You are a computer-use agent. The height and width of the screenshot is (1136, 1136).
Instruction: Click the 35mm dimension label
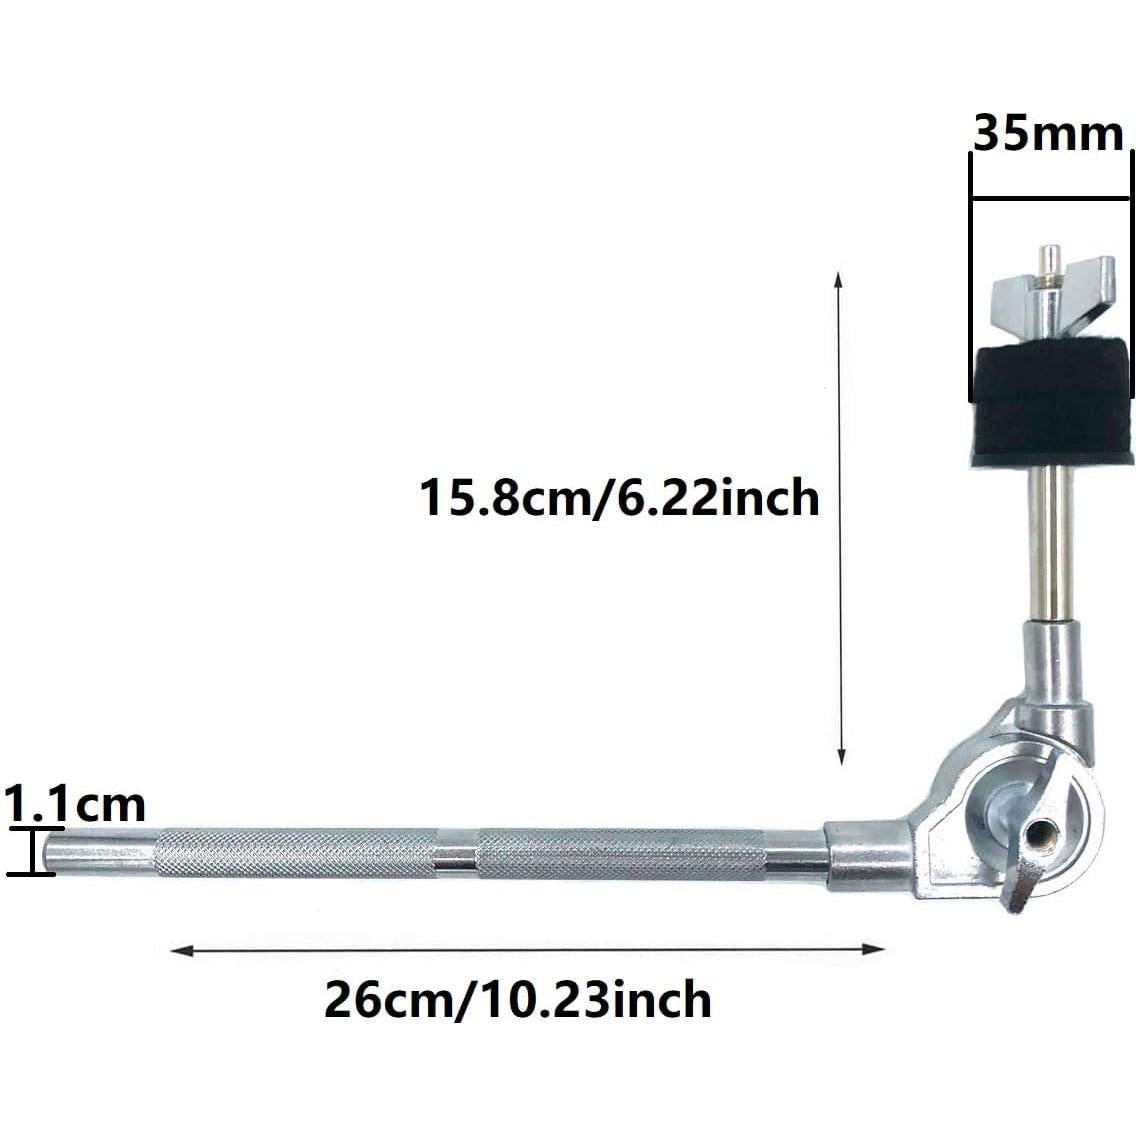(1048, 134)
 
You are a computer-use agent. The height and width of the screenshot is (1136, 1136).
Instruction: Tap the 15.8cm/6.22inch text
(619, 497)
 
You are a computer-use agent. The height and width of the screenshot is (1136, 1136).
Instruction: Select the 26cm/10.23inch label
(517, 999)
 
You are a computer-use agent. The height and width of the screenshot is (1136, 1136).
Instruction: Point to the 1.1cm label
(75, 804)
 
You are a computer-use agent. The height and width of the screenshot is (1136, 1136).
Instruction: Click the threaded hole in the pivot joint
(1045, 832)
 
